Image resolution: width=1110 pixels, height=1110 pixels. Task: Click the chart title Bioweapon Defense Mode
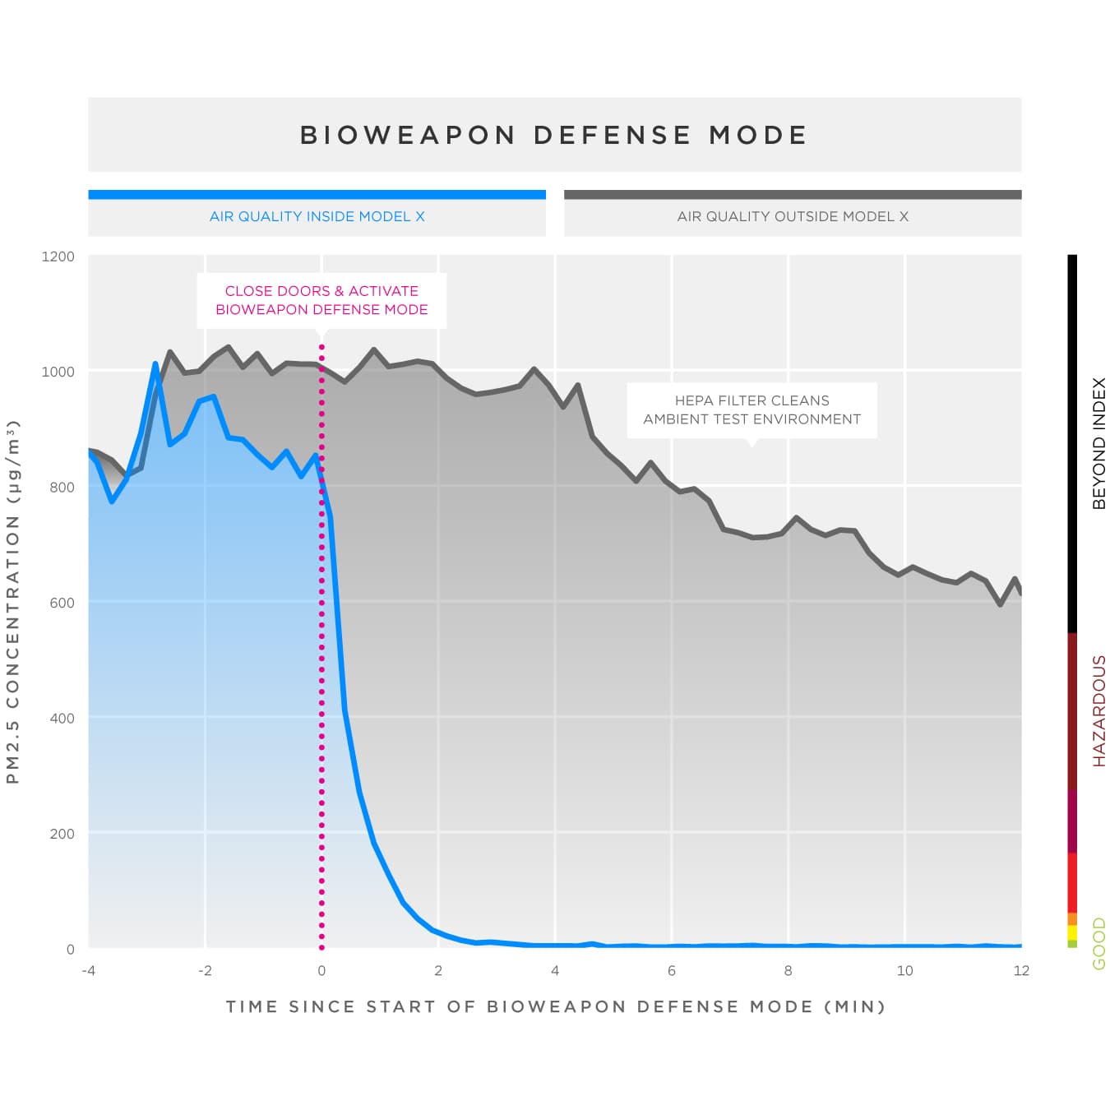(554, 135)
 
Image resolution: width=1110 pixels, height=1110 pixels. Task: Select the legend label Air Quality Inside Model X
(317, 216)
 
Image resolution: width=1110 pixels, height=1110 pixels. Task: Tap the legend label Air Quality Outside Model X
(793, 216)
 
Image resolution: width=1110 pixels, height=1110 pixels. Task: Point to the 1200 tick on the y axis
(58, 257)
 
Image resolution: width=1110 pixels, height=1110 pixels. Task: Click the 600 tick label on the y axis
(62, 603)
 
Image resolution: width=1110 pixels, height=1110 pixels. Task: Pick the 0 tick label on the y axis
(70, 949)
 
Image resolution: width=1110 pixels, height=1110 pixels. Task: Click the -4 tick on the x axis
(88, 970)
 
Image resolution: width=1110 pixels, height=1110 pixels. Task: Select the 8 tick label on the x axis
(788, 970)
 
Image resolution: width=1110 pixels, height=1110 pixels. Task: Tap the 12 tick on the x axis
(1021, 970)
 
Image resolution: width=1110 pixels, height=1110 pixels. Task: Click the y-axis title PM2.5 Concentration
(12, 602)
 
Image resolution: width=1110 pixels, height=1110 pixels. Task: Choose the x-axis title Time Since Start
(555, 1006)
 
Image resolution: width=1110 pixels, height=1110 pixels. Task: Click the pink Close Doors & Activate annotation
(321, 300)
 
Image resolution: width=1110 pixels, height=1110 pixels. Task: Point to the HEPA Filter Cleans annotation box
(752, 409)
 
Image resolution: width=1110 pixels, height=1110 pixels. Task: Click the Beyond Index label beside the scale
(1098, 443)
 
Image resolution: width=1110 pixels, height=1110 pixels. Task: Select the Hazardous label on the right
(1098, 711)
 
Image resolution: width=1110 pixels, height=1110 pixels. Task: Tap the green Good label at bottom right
(1098, 944)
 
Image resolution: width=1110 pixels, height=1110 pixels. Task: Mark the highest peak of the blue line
(155, 363)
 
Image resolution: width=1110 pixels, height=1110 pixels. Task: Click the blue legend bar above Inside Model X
(317, 195)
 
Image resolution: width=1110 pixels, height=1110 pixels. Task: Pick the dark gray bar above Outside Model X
(793, 195)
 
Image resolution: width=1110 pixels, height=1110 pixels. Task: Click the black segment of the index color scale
(1072, 443)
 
